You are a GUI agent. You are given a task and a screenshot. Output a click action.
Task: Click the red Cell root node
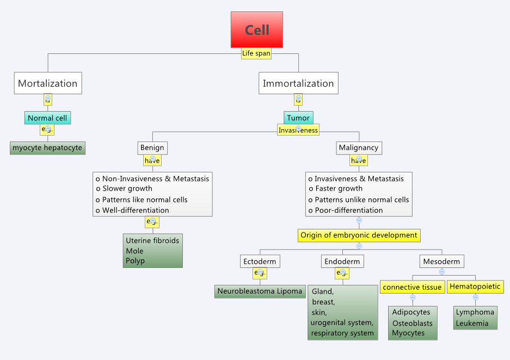click(x=257, y=29)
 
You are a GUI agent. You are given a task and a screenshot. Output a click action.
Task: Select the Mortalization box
click(x=48, y=83)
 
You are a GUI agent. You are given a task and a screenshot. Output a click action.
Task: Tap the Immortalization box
click(x=298, y=83)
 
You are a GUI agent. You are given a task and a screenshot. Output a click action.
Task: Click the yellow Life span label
click(x=256, y=53)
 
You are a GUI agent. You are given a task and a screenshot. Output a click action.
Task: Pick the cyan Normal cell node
click(x=48, y=118)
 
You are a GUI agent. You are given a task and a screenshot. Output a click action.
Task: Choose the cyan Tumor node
click(x=298, y=118)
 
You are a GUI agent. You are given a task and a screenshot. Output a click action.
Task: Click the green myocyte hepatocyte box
click(x=48, y=148)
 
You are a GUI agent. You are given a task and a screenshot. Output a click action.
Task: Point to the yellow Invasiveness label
click(x=298, y=130)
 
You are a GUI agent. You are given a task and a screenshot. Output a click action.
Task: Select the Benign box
click(x=152, y=148)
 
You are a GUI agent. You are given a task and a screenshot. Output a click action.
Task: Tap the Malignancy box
click(x=358, y=148)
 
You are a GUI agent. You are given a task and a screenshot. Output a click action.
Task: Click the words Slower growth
click(x=128, y=188)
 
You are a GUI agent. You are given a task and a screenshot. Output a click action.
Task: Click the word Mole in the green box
click(x=134, y=251)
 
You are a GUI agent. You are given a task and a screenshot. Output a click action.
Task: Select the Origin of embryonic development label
click(x=359, y=235)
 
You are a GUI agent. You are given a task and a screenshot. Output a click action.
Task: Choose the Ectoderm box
click(x=260, y=261)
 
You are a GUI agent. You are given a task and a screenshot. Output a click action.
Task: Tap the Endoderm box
click(x=342, y=261)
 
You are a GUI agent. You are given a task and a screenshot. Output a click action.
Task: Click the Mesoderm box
click(x=442, y=261)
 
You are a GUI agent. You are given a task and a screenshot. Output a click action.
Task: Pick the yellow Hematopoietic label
click(x=475, y=286)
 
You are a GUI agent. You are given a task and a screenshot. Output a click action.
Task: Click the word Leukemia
click(x=472, y=323)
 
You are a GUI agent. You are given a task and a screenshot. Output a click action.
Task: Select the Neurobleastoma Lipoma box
click(x=260, y=291)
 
